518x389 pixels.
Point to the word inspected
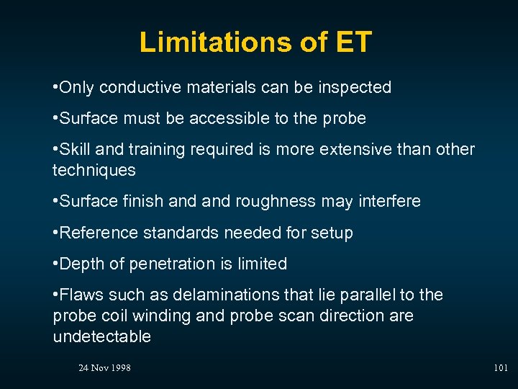point(354,88)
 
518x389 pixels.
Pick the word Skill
point(75,149)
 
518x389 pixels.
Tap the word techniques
point(94,170)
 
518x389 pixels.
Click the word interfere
point(389,202)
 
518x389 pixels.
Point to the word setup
point(333,233)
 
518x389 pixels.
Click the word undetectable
point(101,337)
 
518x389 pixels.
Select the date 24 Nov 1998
point(104,368)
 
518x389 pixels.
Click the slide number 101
point(501,368)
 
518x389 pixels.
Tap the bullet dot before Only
point(55,88)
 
